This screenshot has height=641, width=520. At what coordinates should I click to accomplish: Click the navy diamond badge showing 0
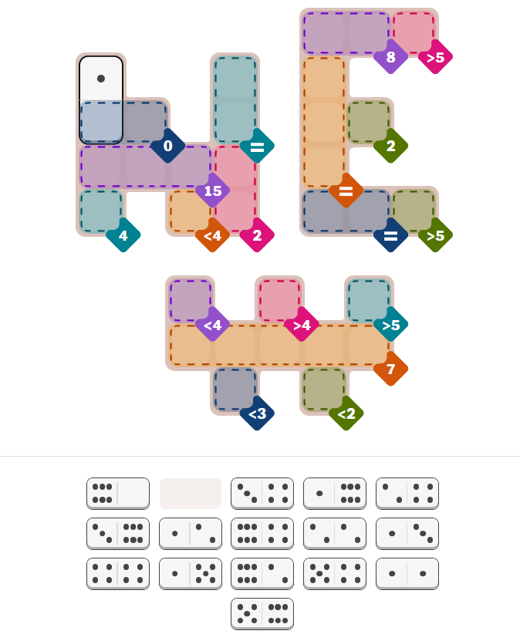pos(167,146)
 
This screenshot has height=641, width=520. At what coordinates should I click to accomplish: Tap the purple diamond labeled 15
pos(213,191)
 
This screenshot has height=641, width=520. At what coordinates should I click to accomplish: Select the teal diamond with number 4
pos(123,235)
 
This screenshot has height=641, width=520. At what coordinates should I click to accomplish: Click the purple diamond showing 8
pos(391,57)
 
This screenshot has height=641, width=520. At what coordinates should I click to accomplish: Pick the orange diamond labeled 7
pos(391,369)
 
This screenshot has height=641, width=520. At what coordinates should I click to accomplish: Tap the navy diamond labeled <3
pos(257,413)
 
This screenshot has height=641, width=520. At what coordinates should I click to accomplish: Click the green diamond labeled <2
pos(346,413)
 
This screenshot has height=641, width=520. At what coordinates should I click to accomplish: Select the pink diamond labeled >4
pos(302,324)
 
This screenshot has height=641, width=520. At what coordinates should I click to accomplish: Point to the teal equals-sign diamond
pos(257,146)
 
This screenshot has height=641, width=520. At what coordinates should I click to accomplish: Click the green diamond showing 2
pos(391,146)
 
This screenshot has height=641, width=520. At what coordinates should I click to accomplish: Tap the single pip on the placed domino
pos(101,79)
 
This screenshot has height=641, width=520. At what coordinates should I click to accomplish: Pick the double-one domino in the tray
pos(407,574)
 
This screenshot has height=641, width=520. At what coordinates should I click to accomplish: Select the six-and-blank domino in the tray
pos(118,494)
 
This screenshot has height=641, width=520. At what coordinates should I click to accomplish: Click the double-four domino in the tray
pos(118,574)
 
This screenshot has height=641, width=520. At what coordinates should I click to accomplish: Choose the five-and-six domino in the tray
pos(262,613)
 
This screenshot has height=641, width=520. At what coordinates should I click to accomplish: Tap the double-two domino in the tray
pos(334,534)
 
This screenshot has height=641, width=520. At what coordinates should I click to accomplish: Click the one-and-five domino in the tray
pos(191,574)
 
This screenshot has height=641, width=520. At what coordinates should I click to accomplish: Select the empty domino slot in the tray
pos(191,494)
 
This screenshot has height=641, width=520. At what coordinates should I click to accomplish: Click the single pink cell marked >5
pos(414,33)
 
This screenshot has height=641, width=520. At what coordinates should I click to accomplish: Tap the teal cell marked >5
pos(369,301)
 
